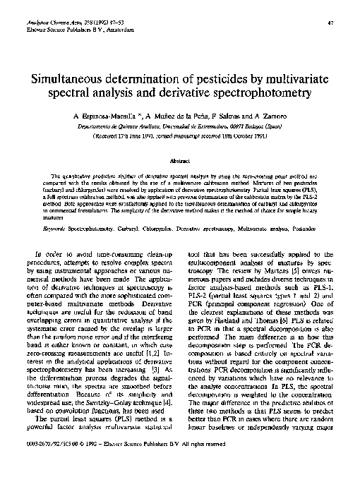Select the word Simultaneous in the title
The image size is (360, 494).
[73, 78]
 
